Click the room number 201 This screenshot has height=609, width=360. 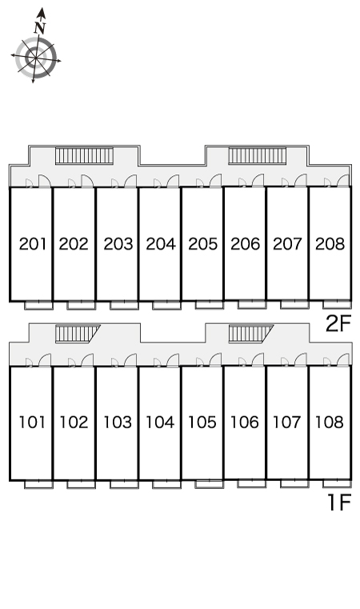coord(33,244)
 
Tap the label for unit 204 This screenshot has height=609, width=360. coord(161,244)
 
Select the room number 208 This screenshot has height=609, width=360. coord(330,244)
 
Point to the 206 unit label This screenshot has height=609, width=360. coord(245,244)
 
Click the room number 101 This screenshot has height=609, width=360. coord(32,423)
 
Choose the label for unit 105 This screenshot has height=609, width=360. coord(202,423)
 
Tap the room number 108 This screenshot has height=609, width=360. coord(330,423)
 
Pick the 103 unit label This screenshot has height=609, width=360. coord(118,423)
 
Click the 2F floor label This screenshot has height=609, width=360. coord(338,323)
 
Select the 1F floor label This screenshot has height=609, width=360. coord(340,503)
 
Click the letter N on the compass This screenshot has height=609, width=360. coord(40,27)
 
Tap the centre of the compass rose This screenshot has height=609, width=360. coord(36,58)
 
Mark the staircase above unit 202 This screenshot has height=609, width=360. coord(84,155)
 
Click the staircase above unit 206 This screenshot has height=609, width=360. coord(257,155)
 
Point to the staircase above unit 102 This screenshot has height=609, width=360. coord(78,334)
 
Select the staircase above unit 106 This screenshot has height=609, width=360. coord(250,334)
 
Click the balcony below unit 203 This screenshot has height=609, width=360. coord(124,305)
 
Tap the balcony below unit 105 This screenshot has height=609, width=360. coord(210,484)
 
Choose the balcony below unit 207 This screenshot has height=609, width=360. coord(294,304)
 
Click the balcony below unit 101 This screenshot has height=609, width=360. coord(39,484)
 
